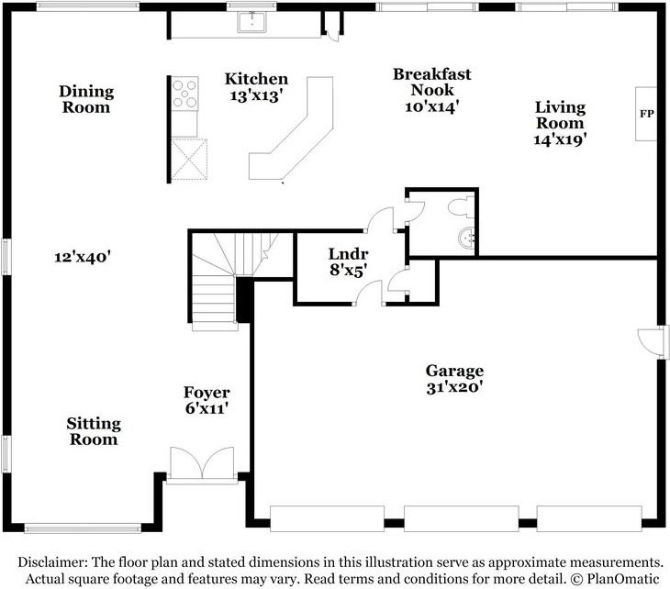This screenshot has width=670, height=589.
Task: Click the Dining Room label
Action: tap(86, 99)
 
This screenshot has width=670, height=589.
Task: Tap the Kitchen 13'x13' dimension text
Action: tap(256, 94)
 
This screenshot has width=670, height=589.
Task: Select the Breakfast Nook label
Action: tap(425, 82)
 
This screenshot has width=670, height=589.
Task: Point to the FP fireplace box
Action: tap(646, 115)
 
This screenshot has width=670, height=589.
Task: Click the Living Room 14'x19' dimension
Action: tap(560, 139)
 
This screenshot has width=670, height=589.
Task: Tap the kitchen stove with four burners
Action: tap(184, 93)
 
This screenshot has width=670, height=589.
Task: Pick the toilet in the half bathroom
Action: tap(458, 206)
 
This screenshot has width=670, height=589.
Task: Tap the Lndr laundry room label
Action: tap(348, 255)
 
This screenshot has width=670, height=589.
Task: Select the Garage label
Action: tap(453, 371)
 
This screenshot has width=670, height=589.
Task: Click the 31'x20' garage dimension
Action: tap(453, 387)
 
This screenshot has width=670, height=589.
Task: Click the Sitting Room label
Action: tap(93, 431)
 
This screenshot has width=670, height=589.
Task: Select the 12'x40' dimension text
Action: tap(82, 258)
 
